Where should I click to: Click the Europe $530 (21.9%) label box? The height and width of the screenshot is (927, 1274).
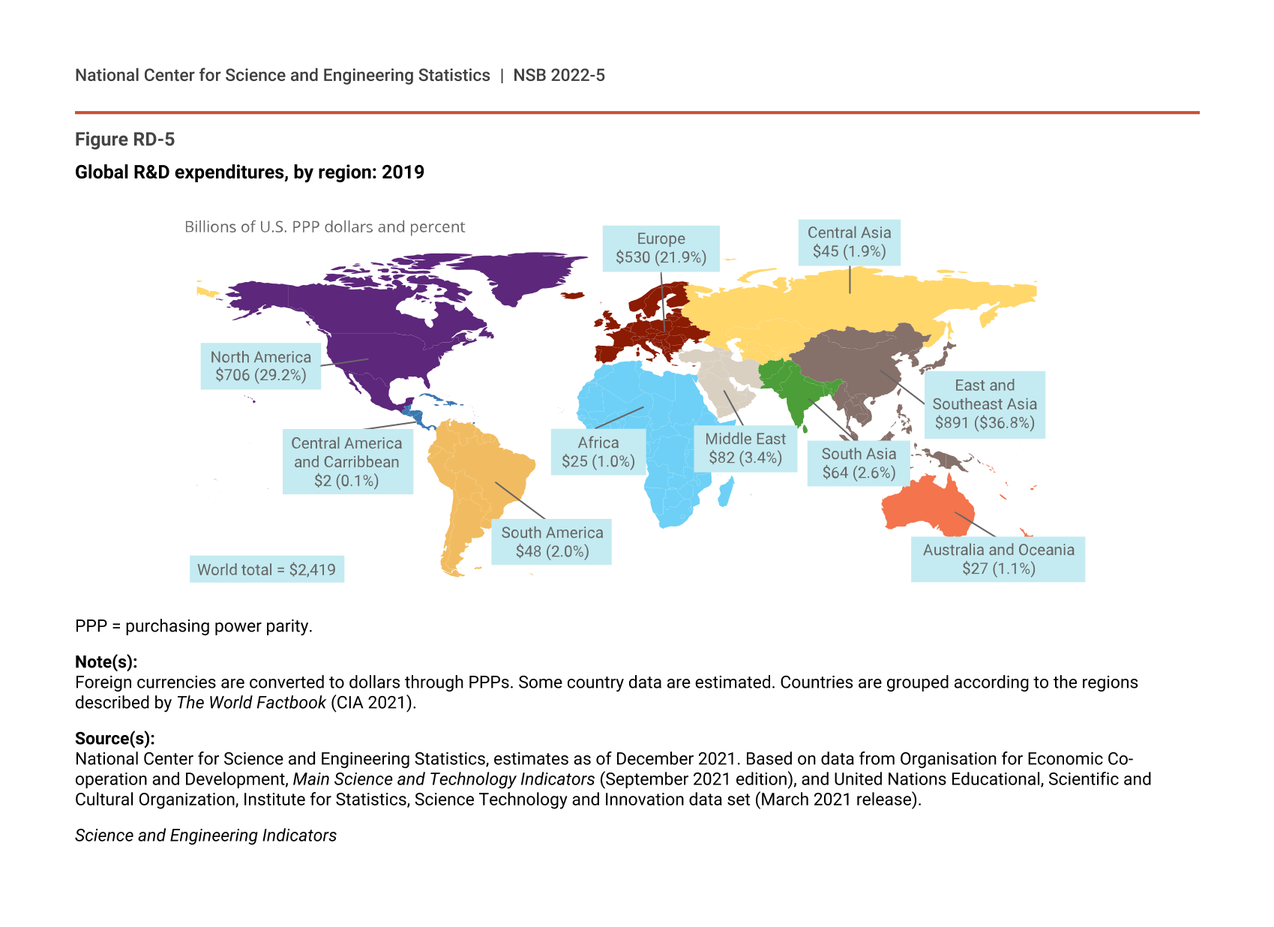coord(661,248)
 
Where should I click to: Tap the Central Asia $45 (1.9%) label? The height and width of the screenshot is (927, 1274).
coord(849,242)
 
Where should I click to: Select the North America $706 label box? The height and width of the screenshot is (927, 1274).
coord(260,366)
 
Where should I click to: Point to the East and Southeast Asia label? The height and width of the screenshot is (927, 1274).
coord(984,404)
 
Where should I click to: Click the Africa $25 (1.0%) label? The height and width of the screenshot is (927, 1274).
coord(598,452)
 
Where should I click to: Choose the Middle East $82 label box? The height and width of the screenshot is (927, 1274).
coord(745,448)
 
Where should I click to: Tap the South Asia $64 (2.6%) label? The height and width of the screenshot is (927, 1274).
coord(859,463)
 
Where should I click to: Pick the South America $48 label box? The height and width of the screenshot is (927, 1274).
coord(551,541)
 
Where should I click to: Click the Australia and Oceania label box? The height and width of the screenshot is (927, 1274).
coord(997,559)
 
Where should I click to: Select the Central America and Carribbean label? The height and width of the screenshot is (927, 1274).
coord(346,462)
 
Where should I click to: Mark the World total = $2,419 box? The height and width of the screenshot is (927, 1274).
coord(266,569)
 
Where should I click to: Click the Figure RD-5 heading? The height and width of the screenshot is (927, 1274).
coord(125,139)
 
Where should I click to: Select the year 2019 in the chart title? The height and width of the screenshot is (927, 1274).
coord(403,172)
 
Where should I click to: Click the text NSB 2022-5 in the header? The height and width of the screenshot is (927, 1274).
coord(559,76)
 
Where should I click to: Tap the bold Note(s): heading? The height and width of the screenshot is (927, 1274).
coord(106,662)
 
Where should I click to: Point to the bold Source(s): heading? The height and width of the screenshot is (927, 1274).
coord(115,739)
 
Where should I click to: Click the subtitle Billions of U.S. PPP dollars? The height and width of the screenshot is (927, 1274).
coord(325,227)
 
